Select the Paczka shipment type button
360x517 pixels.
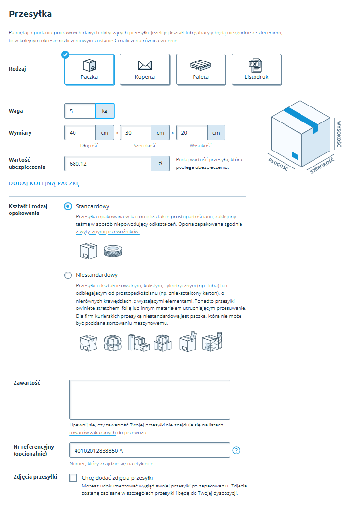coord(90,69)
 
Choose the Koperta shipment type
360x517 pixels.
coord(145,69)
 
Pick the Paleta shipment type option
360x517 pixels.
coord(201,69)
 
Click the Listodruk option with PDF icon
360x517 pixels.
coord(256,69)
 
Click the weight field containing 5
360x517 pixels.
coord(80,111)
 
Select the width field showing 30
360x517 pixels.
coord(135,133)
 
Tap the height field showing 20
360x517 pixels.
coord(192,133)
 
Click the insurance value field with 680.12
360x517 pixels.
coord(108,164)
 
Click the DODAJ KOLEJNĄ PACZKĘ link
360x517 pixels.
coord(44,183)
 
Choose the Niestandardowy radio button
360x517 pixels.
coord(68,275)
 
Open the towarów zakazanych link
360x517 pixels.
coord(92,432)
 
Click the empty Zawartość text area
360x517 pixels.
coord(150,399)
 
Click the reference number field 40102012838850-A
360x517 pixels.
coord(150,451)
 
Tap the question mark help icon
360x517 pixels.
coord(237,451)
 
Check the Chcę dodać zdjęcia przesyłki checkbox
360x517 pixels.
coord(73,478)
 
